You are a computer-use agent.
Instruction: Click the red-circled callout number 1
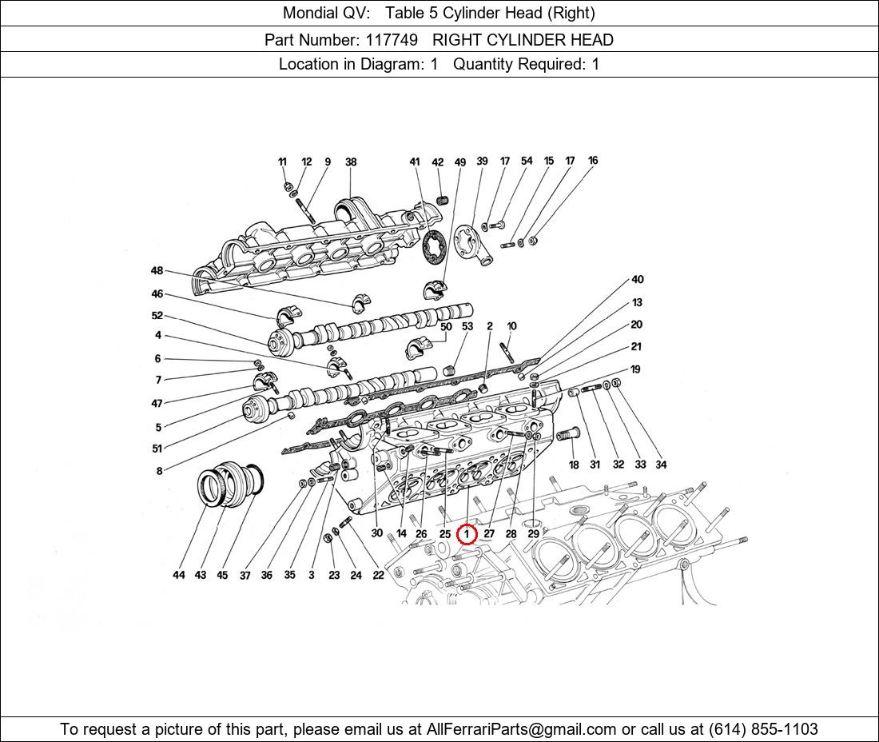pyautogui.click(x=467, y=534)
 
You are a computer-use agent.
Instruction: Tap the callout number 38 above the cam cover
pyautogui.click(x=350, y=162)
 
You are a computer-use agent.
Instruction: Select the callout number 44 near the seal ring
pyautogui.click(x=179, y=575)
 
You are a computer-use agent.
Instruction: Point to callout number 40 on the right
pyautogui.click(x=637, y=280)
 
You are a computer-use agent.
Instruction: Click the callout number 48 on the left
pyautogui.click(x=157, y=271)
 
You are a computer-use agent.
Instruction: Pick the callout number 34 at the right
pyautogui.click(x=660, y=465)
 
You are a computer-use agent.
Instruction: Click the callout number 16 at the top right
pyautogui.click(x=592, y=161)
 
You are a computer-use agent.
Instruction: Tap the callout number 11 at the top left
pyautogui.click(x=282, y=162)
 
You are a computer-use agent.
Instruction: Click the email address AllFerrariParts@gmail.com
pyautogui.click(x=522, y=728)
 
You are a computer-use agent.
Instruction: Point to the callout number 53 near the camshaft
pyautogui.click(x=467, y=326)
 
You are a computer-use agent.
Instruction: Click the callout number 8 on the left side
pyautogui.click(x=159, y=471)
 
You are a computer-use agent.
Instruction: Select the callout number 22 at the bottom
pyautogui.click(x=378, y=575)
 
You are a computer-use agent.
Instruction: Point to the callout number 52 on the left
pyautogui.click(x=157, y=316)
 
